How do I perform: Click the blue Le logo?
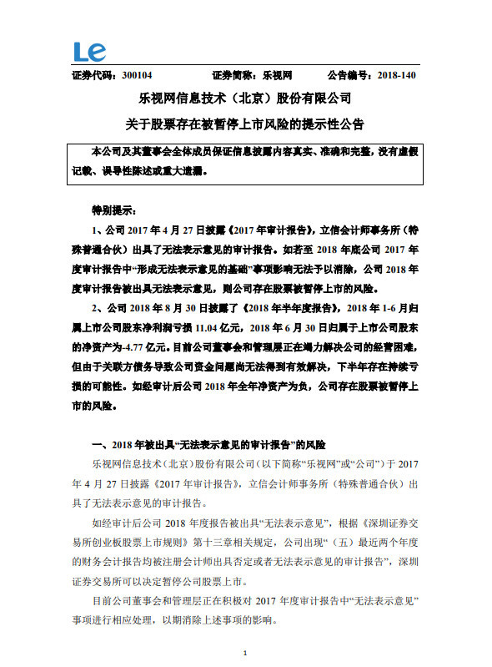coord(89,52)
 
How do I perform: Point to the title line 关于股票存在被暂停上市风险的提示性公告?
coord(245,123)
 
